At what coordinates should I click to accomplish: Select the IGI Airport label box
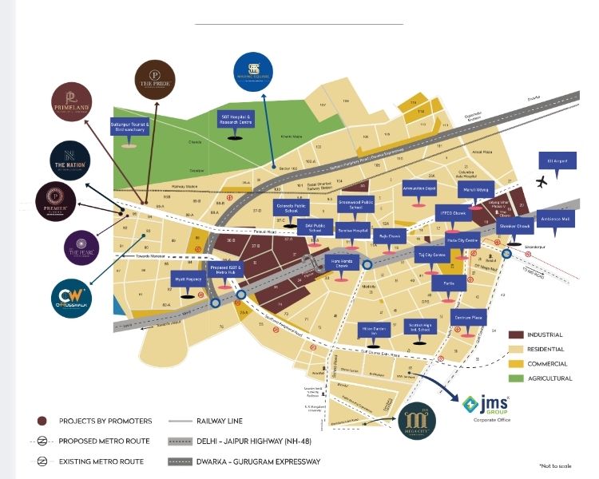click(557, 160)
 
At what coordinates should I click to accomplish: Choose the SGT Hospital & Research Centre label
click(236, 120)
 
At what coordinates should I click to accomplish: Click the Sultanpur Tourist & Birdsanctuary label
click(130, 128)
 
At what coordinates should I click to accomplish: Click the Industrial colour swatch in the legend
click(516, 335)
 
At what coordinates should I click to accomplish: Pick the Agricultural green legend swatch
click(516, 378)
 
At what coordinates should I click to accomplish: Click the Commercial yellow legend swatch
click(516, 363)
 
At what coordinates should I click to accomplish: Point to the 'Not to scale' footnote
click(557, 465)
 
